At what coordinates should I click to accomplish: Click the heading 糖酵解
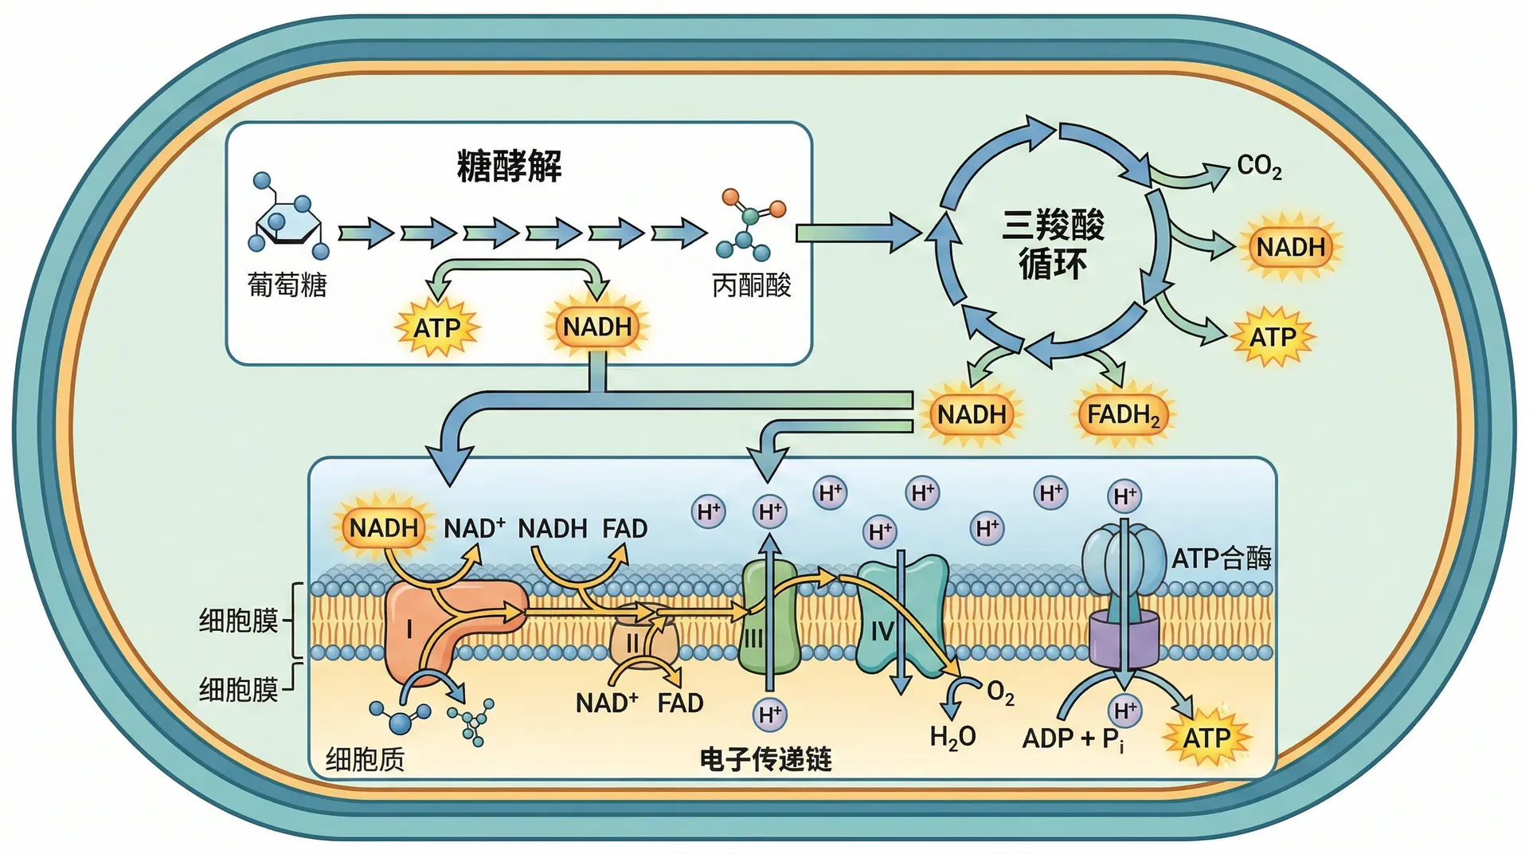pyautogui.click(x=509, y=166)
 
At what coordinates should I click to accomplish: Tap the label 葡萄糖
pyautogui.click(x=287, y=284)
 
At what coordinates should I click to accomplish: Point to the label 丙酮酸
pyautogui.click(x=751, y=284)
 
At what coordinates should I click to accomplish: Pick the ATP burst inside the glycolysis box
pyautogui.click(x=436, y=327)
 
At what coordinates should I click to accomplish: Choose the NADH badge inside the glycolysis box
pyautogui.click(x=597, y=327)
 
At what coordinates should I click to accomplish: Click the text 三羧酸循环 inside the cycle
pyautogui.click(x=1053, y=244)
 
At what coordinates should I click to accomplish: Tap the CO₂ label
pyautogui.click(x=1259, y=166)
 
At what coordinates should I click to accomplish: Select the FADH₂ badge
pyautogui.click(x=1123, y=415)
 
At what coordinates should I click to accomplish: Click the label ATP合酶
pyautogui.click(x=1221, y=558)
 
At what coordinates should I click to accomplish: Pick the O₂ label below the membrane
pyautogui.click(x=1000, y=693)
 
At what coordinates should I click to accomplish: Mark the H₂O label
pyautogui.click(x=952, y=737)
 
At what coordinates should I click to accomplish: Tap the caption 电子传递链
pyautogui.click(x=765, y=759)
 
